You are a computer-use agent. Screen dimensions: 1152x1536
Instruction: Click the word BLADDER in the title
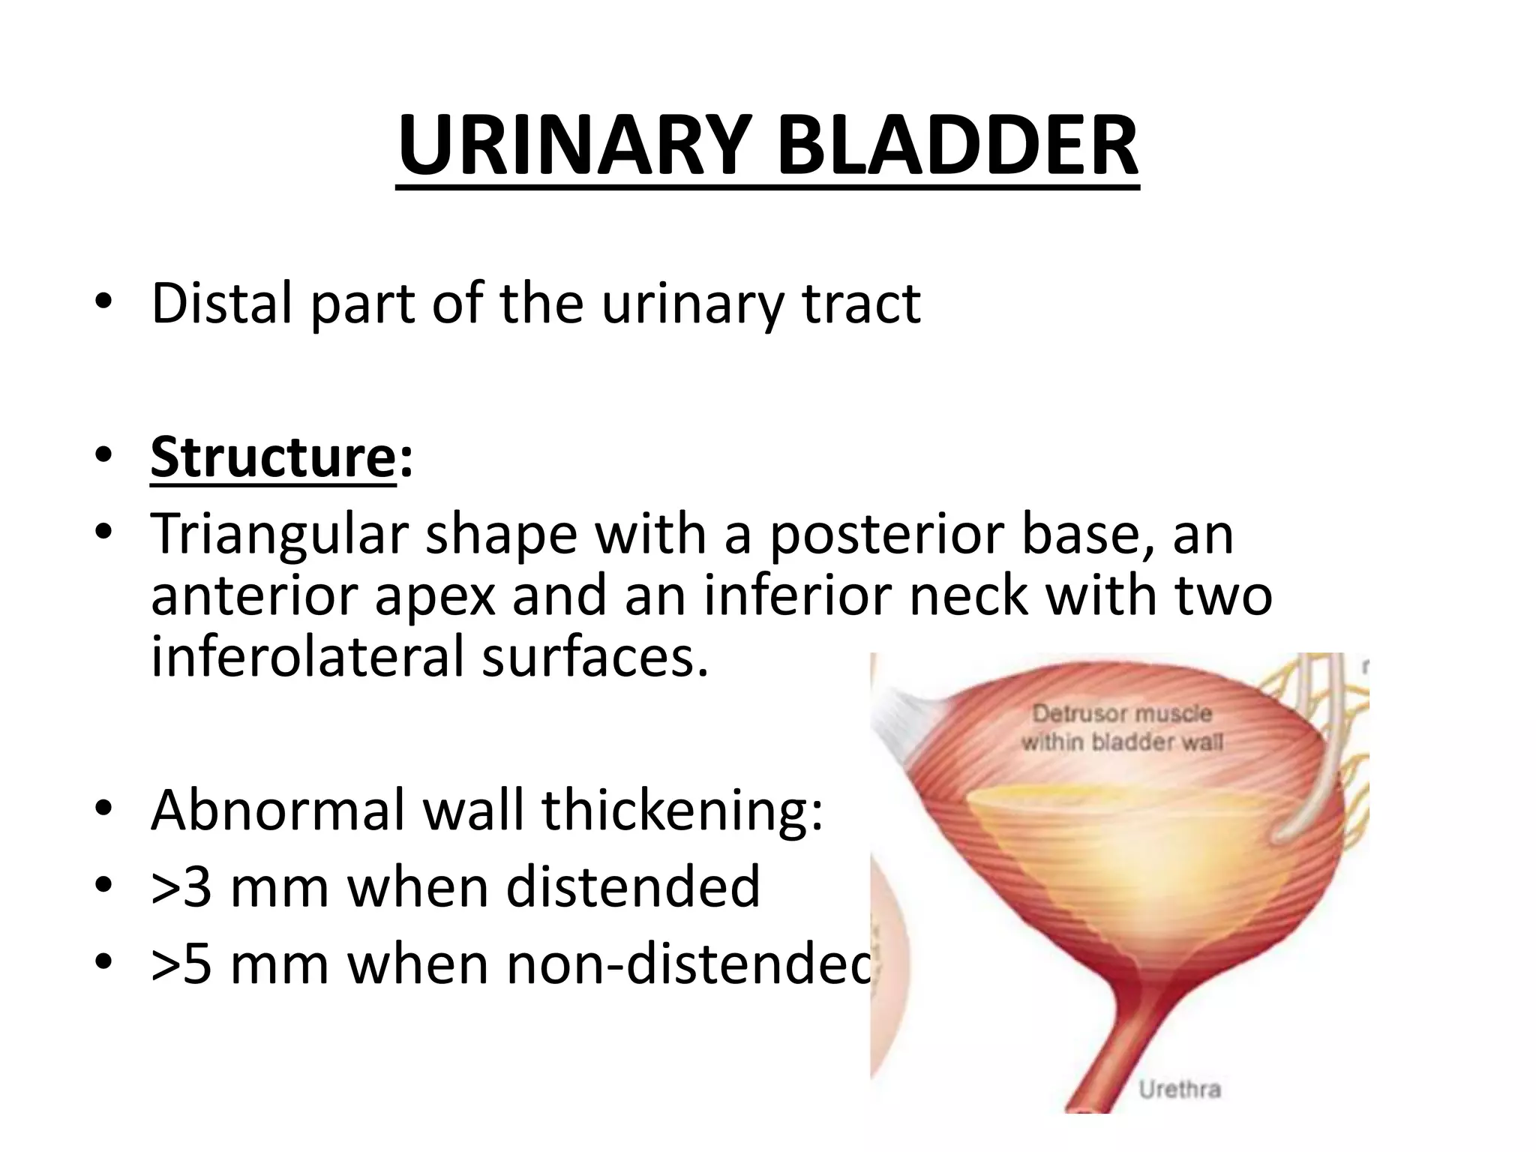(957, 145)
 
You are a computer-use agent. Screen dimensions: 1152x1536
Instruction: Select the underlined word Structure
(271, 457)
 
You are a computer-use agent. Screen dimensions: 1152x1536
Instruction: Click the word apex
(435, 596)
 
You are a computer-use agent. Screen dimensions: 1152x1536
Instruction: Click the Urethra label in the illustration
(1179, 1089)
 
